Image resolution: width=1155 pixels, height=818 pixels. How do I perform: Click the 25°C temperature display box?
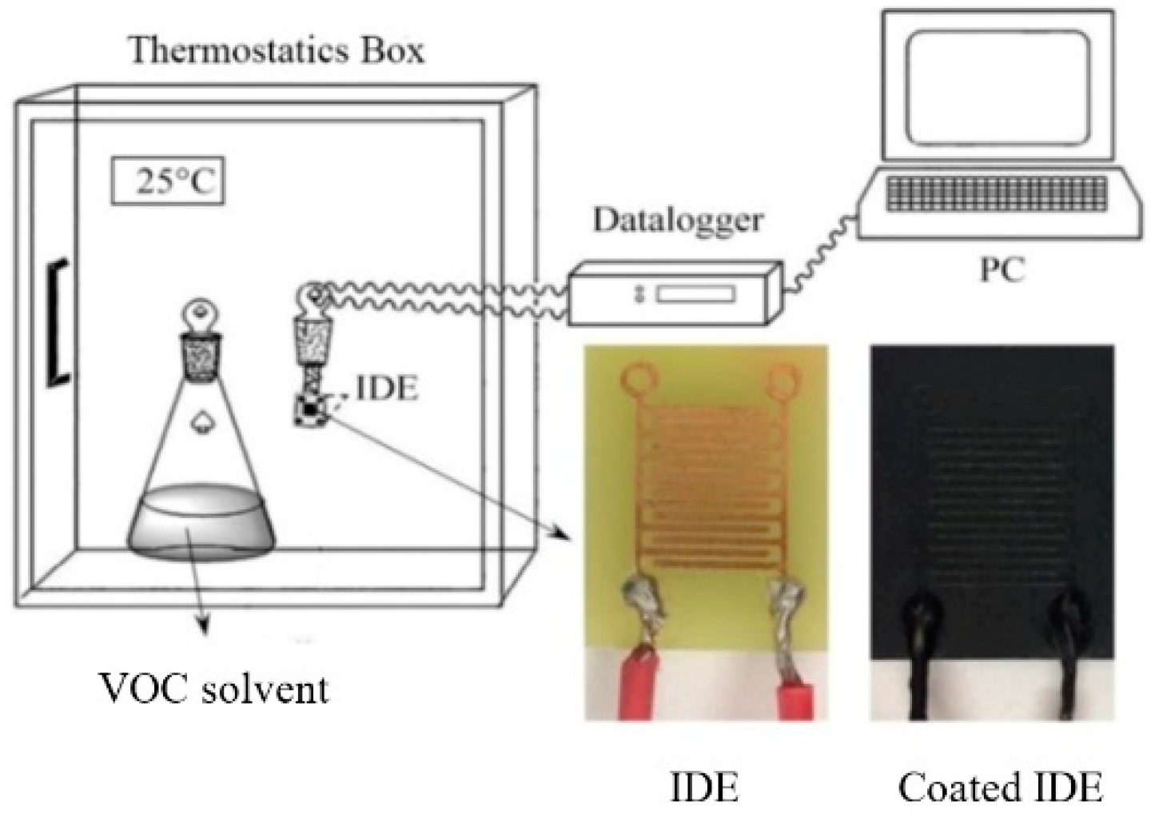167,182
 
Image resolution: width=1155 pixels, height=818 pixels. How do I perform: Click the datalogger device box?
671,295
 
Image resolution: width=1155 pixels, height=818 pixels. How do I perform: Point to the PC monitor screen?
999,87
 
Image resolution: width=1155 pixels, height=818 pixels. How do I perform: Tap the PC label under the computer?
1002,270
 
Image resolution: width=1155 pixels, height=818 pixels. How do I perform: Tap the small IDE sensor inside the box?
310,409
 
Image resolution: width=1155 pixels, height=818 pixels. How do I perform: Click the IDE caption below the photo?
703,787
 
